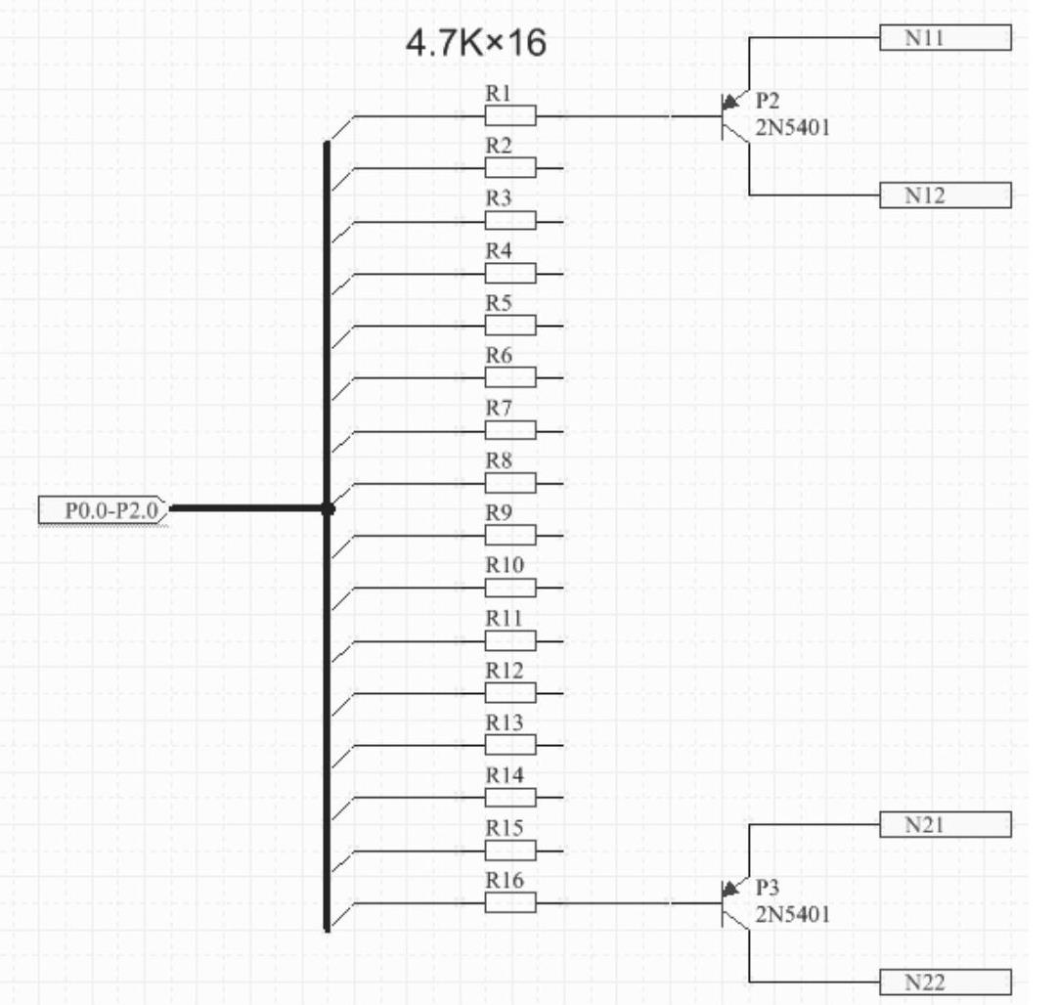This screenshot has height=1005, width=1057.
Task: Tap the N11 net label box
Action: coord(945,38)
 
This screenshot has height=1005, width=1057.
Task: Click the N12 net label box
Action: coord(945,196)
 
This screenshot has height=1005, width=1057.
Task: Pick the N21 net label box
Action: coord(945,826)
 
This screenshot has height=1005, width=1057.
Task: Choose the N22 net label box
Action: coord(945,983)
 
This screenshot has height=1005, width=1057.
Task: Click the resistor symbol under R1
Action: coord(510,116)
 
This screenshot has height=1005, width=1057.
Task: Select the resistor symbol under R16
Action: coord(510,903)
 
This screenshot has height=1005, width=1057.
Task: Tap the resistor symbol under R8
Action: coord(510,483)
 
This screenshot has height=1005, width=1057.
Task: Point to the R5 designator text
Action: coord(499,303)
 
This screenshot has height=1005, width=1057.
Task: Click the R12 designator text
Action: coord(504,671)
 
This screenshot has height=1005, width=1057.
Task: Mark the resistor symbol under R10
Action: coord(510,588)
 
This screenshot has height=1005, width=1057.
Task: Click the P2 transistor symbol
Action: coord(733,116)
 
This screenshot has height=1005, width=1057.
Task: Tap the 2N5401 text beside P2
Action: coord(792,127)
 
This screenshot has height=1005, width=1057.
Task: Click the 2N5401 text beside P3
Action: coord(792,915)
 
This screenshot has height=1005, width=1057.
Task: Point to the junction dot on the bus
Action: coord(328,508)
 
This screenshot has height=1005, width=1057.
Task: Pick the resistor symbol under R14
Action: coord(510,798)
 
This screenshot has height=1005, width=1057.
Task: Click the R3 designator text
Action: coord(499,198)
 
